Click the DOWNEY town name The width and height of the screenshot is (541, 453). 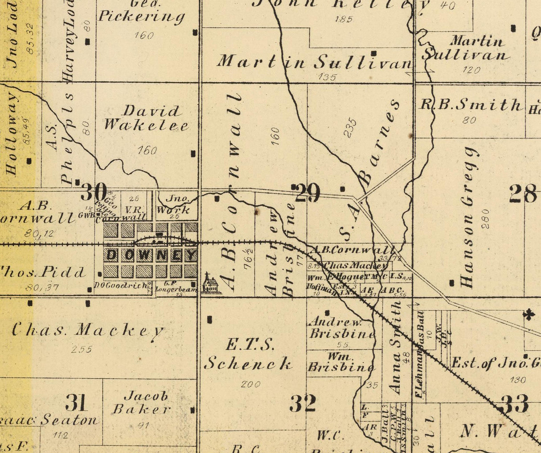(x=151, y=255)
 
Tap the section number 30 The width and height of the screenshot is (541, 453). (x=94, y=192)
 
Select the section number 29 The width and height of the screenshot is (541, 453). (x=307, y=193)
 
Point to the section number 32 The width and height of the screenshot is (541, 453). (x=303, y=403)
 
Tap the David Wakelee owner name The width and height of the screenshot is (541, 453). (x=146, y=117)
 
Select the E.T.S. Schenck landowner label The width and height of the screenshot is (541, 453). (x=248, y=354)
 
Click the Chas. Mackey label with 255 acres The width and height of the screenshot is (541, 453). (x=88, y=330)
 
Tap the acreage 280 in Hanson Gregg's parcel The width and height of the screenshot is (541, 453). (x=484, y=218)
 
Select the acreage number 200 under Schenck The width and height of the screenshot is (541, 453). (x=250, y=384)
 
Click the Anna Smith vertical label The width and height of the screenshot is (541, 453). (x=395, y=347)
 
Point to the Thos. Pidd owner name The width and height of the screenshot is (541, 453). (x=43, y=271)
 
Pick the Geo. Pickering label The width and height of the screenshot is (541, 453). (x=141, y=12)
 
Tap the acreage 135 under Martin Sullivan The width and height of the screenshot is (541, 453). (x=328, y=77)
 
